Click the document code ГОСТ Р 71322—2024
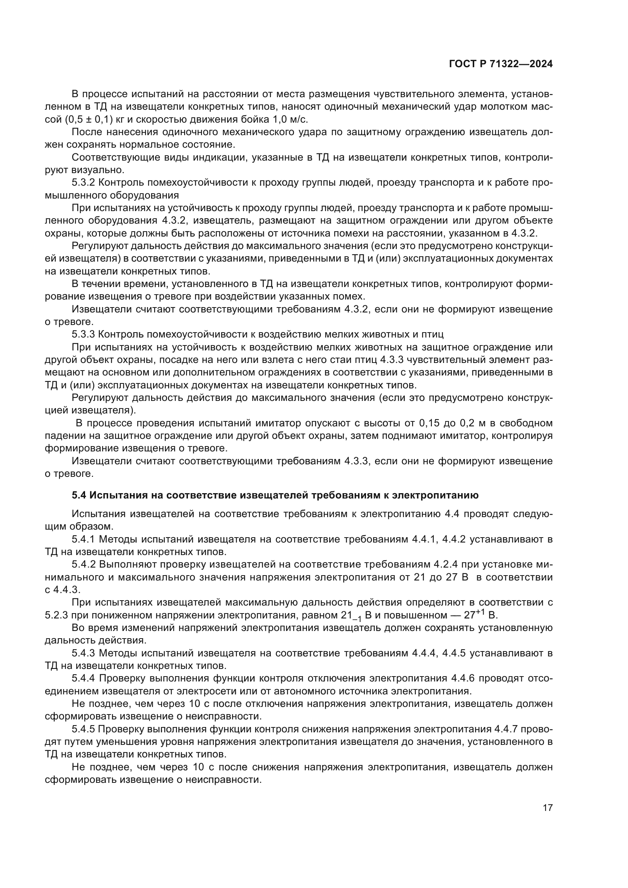point(501,64)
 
